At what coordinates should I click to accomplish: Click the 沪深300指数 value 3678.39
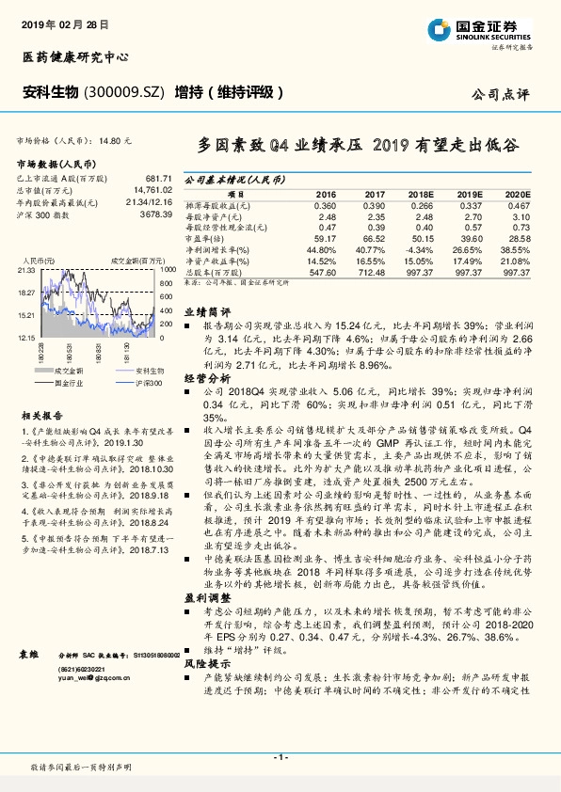click(155, 214)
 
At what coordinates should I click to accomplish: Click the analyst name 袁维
click(28, 653)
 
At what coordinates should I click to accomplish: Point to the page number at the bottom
click(280, 756)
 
